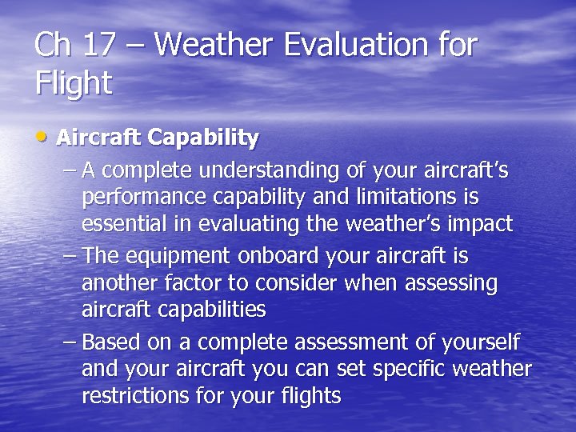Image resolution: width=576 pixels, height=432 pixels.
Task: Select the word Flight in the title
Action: coord(74,83)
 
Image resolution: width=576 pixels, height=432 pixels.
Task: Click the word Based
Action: coord(110,342)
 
